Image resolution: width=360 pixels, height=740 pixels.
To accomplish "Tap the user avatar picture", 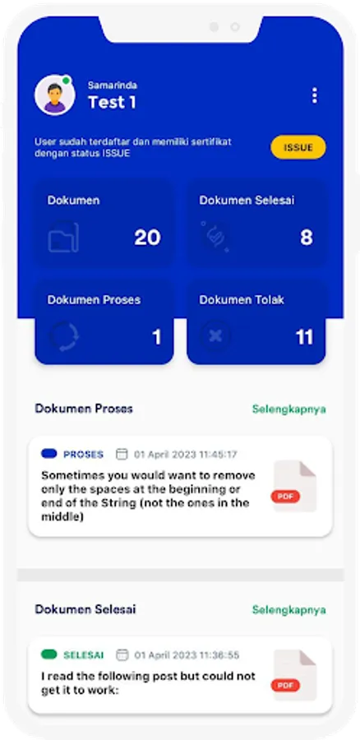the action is pos(55,95).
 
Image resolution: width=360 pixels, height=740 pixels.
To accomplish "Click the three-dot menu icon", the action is pos(315,96).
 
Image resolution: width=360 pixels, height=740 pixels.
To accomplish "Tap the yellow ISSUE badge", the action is pos(298,147).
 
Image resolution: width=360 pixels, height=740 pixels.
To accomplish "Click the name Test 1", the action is pos(113,102).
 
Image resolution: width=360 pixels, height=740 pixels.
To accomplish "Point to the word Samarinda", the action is pos(113,86).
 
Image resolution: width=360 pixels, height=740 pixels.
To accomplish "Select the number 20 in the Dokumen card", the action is pos(147,238).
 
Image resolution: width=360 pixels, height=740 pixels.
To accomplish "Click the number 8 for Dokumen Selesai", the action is pos(307,238).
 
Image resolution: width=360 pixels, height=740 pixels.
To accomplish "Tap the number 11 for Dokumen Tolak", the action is pos(304,337).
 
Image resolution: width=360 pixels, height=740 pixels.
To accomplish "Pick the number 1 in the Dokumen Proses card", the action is pos(157,337).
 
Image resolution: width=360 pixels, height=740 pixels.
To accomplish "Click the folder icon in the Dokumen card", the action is pos(63,237).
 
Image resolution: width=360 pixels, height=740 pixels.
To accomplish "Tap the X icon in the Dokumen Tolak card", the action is pos(215,336).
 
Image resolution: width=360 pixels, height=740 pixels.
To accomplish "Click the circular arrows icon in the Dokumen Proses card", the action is pos(64,336).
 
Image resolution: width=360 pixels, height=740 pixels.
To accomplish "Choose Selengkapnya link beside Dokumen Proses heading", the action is pos(288,409).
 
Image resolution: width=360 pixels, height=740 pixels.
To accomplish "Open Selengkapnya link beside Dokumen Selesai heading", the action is pos(288,609).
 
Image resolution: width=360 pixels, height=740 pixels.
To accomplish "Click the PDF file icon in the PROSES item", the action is pos(294,486).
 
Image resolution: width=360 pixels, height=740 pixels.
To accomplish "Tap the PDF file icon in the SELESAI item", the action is pos(294,675).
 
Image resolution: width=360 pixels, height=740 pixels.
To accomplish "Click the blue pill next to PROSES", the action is pos(49,454).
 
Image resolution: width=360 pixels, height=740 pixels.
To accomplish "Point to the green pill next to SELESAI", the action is pos(49,654).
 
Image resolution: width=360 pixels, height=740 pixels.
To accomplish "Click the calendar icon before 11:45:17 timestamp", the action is pos(122,454).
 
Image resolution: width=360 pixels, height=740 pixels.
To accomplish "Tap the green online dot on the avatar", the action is pos(67,81).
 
